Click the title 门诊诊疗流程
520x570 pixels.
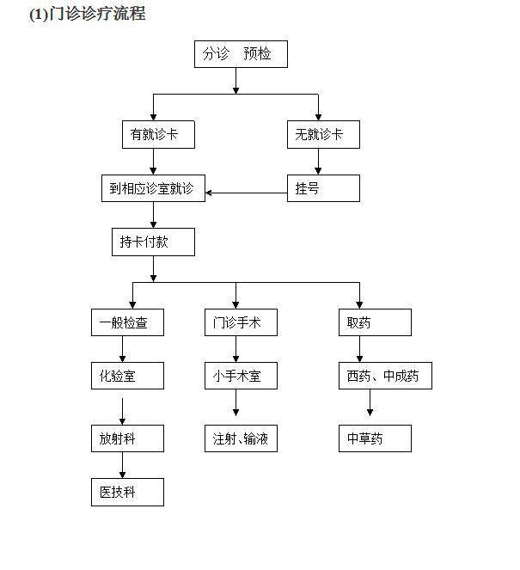click(x=87, y=14)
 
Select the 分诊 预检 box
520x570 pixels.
click(x=240, y=54)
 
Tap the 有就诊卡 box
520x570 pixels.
click(x=157, y=134)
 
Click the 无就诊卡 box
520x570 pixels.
click(x=322, y=134)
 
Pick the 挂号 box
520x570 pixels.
click(x=322, y=188)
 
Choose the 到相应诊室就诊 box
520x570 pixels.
click(x=153, y=188)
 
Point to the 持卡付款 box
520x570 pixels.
click(x=153, y=242)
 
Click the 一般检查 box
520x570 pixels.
click(x=127, y=322)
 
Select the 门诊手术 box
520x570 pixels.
click(x=241, y=322)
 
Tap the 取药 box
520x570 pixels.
click(x=374, y=322)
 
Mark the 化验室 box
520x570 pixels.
click(x=127, y=376)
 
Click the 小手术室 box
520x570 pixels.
click(x=241, y=376)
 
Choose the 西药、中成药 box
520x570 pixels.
click(x=384, y=376)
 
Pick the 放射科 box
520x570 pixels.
click(x=127, y=438)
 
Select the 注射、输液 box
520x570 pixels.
click(x=241, y=438)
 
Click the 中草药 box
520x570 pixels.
click(x=374, y=438)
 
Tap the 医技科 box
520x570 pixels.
click(x=127, y=493)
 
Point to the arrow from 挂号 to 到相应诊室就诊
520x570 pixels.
click(x=246, y=193)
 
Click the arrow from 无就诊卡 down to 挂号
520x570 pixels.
click(x=319, y=161)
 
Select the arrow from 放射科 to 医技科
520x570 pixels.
click(x=122, y=465)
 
